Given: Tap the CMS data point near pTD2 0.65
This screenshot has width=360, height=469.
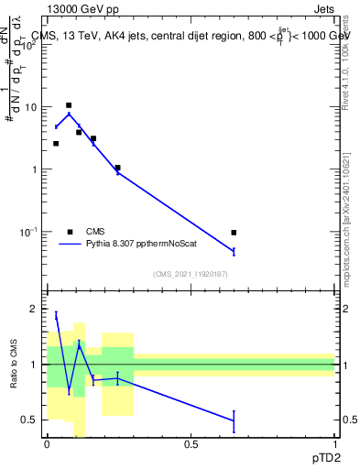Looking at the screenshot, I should click(234, 233).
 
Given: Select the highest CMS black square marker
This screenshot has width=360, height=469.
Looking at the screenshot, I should click(69, 106).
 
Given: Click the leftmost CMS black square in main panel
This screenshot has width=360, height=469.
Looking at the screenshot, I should click(56, 144).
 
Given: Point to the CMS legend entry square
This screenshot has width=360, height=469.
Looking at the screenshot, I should click(70, 232).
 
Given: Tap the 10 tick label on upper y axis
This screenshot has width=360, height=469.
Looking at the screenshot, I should click(30, 107).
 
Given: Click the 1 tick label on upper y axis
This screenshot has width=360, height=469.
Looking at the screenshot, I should click(34, 169).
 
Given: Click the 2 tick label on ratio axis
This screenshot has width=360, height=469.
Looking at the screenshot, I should click(34, 310).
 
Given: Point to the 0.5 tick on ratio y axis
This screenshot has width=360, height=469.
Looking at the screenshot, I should click(29, 420).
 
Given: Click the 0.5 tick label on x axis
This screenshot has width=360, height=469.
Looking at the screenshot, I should click(191, 444).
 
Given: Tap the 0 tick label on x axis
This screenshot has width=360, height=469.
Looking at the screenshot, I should click(47, 444).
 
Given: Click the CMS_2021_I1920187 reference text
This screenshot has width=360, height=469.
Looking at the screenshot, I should click(191, 273).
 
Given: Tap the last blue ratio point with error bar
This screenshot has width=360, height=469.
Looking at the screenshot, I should click(234, 420).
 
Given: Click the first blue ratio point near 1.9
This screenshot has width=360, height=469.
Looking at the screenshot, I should click(56, 315).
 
